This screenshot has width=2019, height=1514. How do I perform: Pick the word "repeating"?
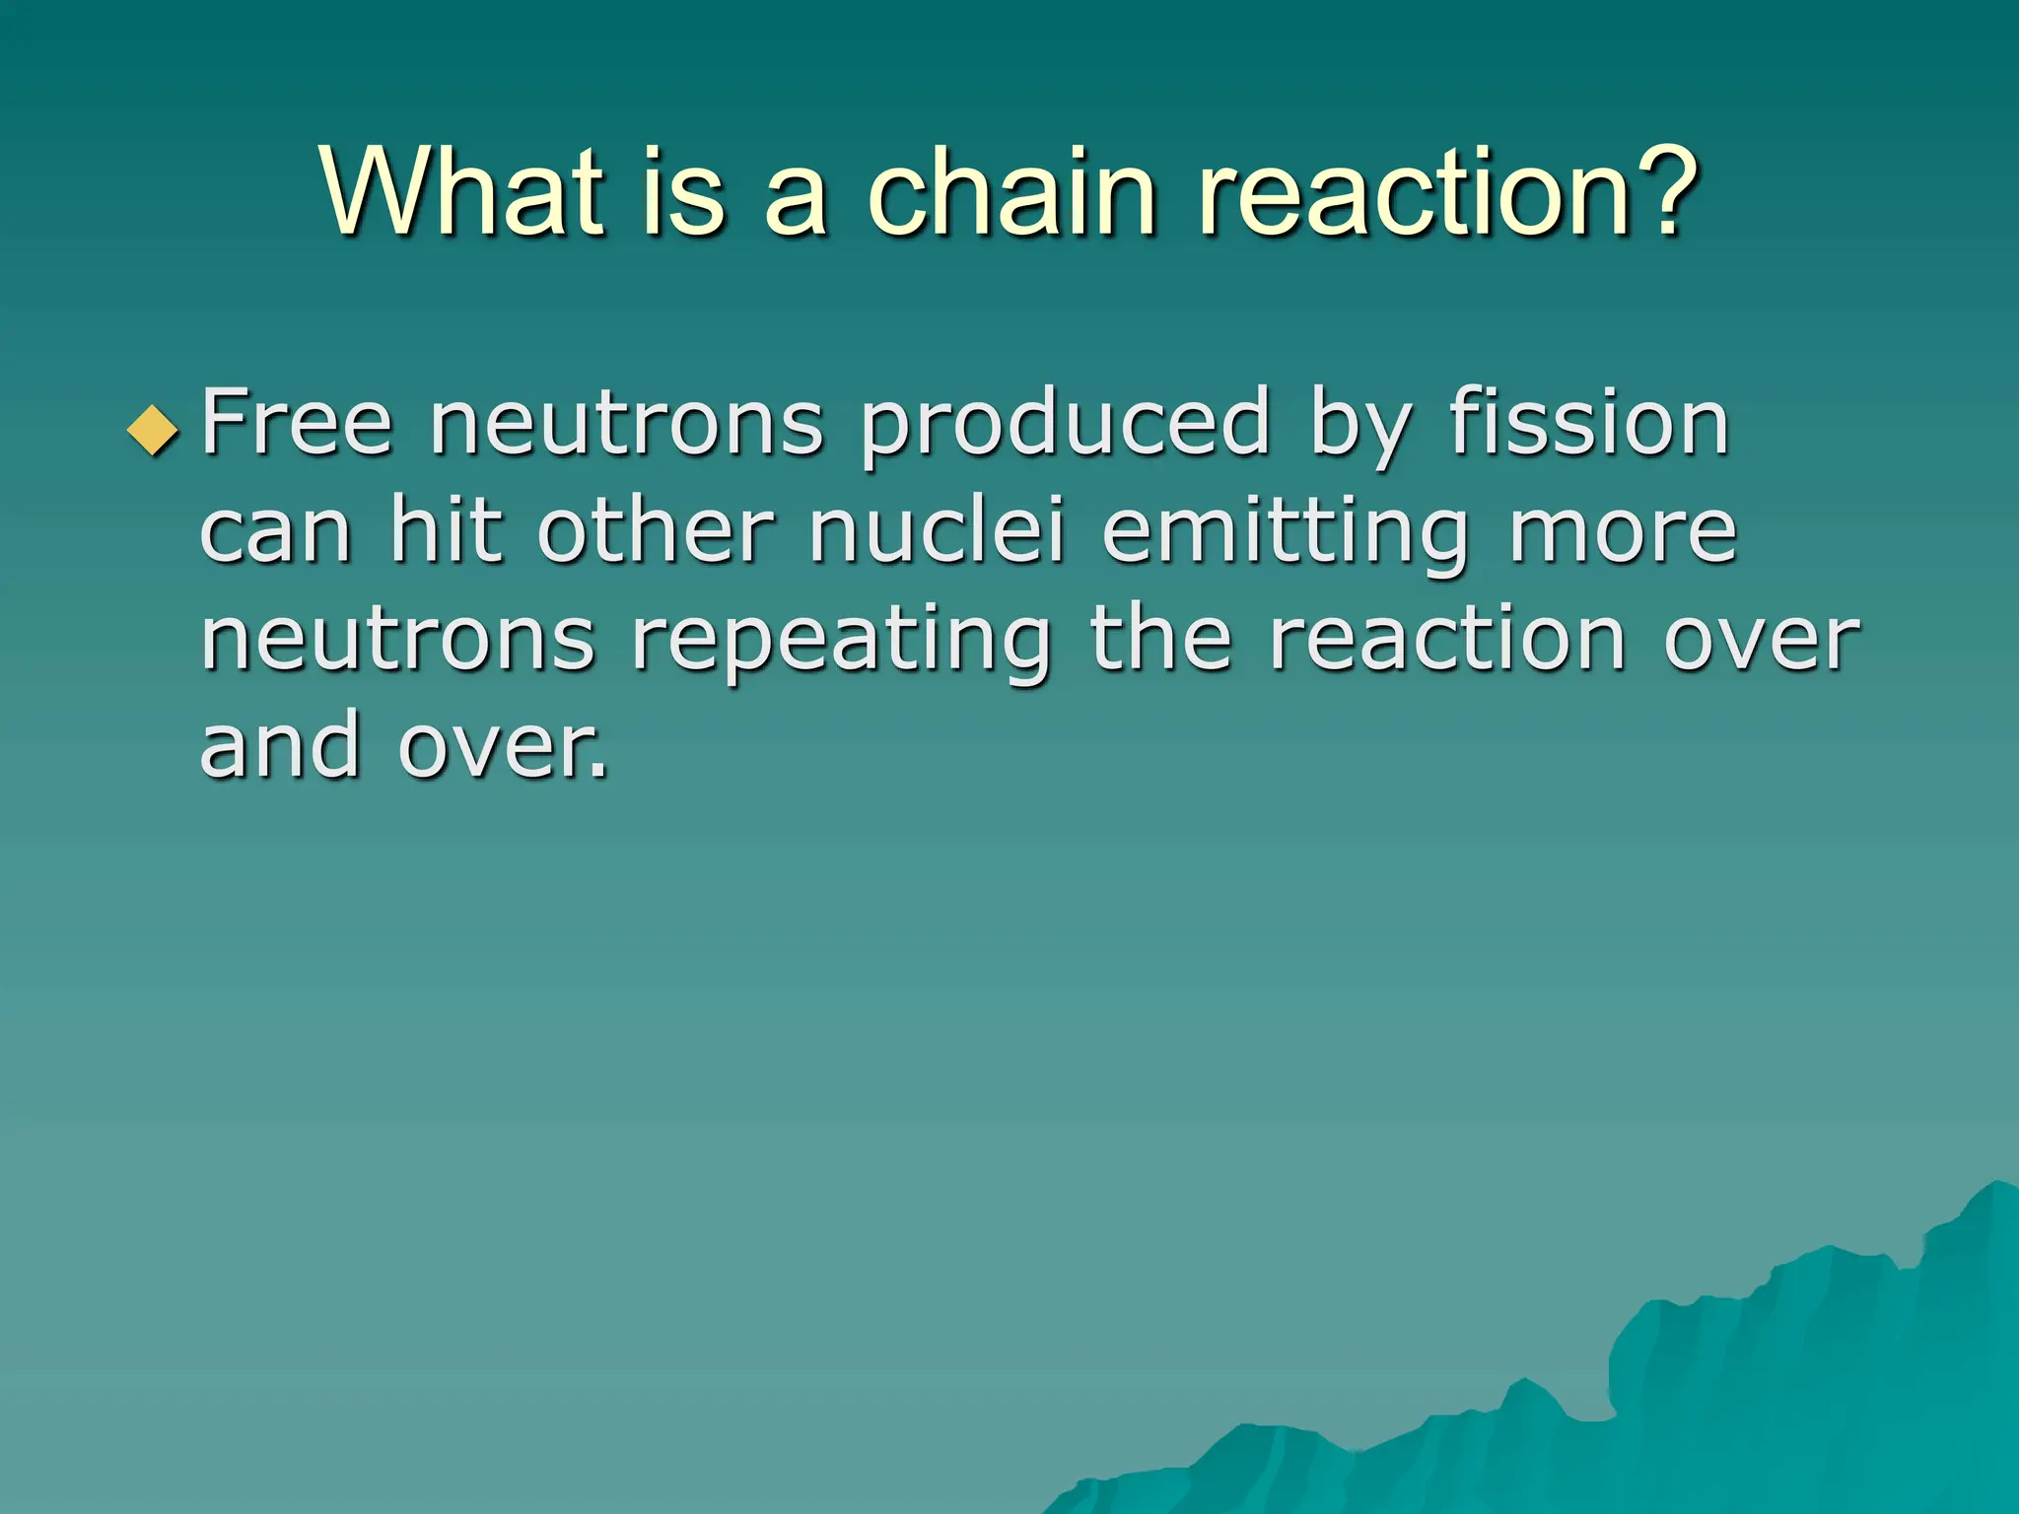tap(842, 641)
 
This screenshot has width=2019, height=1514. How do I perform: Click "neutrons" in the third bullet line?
tap(397, 641)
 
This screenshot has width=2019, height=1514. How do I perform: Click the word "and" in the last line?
tap(280, 745)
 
